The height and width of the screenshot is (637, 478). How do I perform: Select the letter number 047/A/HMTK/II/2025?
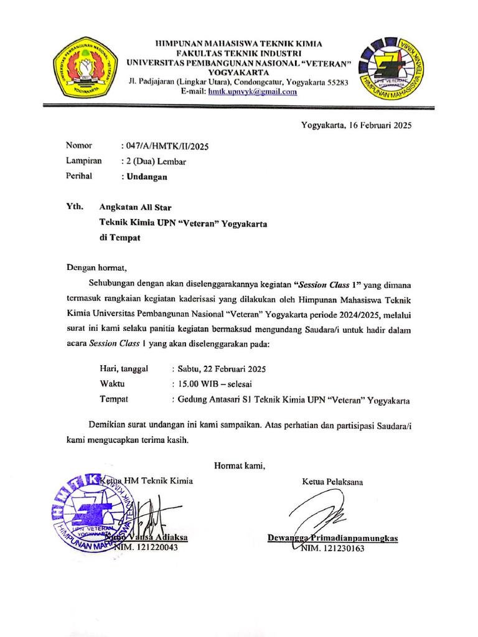[166, 147]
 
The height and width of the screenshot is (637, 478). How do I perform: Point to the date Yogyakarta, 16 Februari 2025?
[357, 125]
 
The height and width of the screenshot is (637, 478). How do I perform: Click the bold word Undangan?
[147, 177]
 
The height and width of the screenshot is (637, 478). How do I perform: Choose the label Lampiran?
[84, 161]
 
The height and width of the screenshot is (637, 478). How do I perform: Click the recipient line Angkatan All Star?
[136, 207]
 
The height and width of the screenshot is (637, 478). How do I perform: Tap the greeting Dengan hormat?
[96, 269]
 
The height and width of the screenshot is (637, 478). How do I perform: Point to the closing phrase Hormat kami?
[240, 465]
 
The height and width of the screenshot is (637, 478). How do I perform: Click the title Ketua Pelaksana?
[333, 481]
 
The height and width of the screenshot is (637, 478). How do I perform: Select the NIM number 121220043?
[156, 547]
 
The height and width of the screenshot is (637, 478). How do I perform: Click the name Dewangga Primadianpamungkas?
[332, 537]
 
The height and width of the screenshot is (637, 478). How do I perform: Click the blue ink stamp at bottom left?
[93, 513]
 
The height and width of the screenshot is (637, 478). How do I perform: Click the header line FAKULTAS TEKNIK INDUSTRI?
[239, 53]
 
